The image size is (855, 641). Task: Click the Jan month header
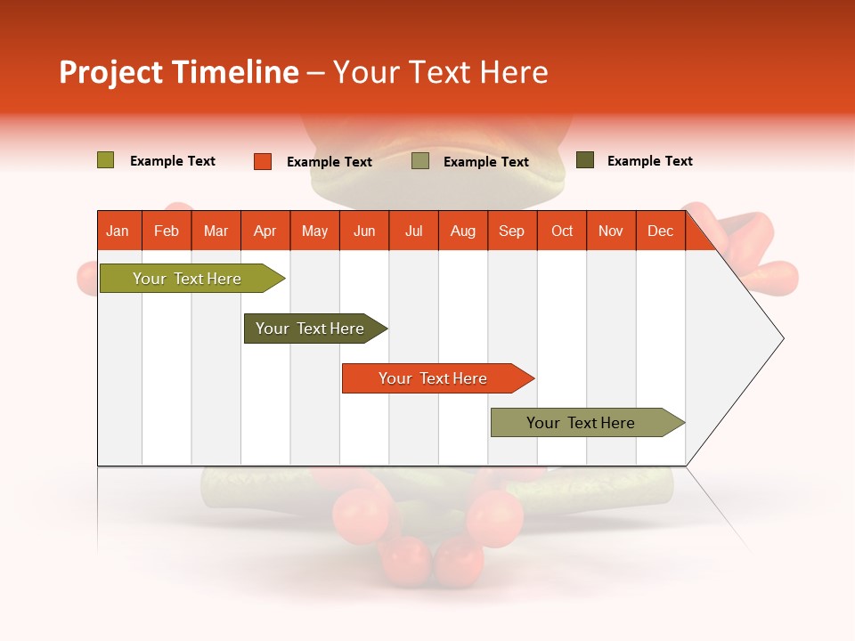(x=118, y=231)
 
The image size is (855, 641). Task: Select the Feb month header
(x=167, y=231)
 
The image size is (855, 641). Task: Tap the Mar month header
(x=216, y=231)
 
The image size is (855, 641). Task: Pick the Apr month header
(x=265, y=231)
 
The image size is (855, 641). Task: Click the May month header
(x=314, y=231)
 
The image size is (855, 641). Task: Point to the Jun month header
(x=364, y=231)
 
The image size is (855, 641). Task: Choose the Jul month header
(x=413, y=231)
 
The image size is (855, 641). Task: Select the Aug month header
(x=463, y=231)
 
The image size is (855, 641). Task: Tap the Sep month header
(x=512, y=231)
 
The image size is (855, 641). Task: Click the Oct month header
(x=562, y=231)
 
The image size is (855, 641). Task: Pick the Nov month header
(x=611, y=231)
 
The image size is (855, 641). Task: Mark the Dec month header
(x=661, y=231)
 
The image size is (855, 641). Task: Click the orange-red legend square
(x=263, y=161)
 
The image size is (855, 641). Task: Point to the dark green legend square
(x=585, y=160)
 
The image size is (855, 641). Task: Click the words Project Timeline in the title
(x=179, y=72)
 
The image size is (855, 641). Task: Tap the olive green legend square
(x=106, y=160)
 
